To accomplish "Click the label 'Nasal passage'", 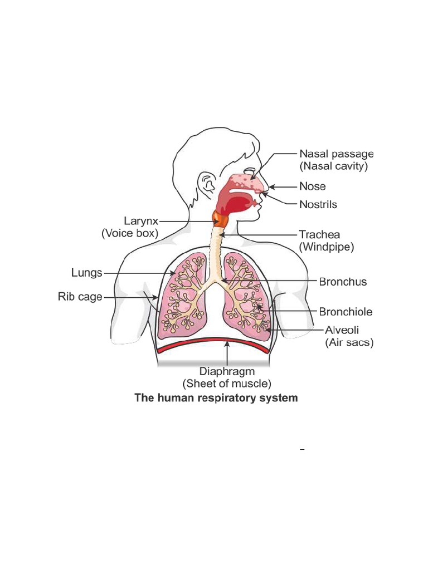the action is [337, 154].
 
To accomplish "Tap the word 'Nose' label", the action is [312, 186].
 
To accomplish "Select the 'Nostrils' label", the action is [318, 204].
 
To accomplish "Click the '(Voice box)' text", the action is [130, 234].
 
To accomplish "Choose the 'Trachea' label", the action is [319, 234].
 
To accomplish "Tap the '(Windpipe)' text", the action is [327, 247].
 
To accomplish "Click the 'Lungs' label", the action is [87, 273].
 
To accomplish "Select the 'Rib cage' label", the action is [80, 297].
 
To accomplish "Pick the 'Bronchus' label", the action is [343, 282].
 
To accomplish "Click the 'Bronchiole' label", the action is [346, 312].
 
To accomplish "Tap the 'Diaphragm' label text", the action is [227, 371].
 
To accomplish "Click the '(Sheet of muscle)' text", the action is [227, 384].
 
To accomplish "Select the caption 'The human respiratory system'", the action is [216, 399].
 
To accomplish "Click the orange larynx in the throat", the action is [220, 220].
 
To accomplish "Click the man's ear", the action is [208, 183].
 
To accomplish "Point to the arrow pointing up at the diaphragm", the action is [227, 353].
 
